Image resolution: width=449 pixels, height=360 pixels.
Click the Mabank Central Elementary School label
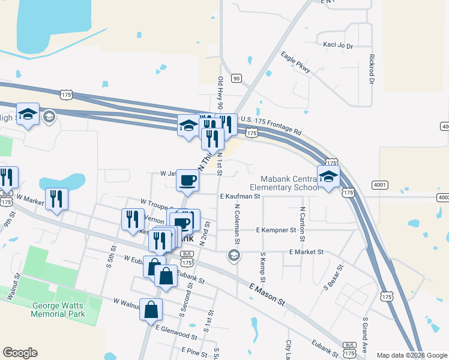pos(290,183)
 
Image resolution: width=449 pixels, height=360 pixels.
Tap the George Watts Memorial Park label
pos(58,309)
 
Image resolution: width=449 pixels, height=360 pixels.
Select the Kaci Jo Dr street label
pos(338,46)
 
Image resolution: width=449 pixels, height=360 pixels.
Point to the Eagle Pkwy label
pos(296,62)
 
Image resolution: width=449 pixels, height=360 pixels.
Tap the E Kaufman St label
pos(240,196)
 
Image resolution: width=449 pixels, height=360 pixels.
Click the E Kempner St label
pos(276,230)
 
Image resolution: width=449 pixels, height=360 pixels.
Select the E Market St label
pos(306,252)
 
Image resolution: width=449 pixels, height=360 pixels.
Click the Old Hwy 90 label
pos(221,92)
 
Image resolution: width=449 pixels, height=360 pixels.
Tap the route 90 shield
pos(237,78)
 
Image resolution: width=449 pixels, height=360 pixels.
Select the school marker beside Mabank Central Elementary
pos(328,178)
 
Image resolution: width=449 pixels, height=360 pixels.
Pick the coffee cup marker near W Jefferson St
pos(188,180)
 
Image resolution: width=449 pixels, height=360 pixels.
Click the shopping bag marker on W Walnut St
pos(151,311)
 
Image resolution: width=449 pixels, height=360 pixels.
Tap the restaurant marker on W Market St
pos(56,200)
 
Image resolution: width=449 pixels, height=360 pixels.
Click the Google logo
pos(20,353)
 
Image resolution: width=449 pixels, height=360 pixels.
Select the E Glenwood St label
pos(176,337)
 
